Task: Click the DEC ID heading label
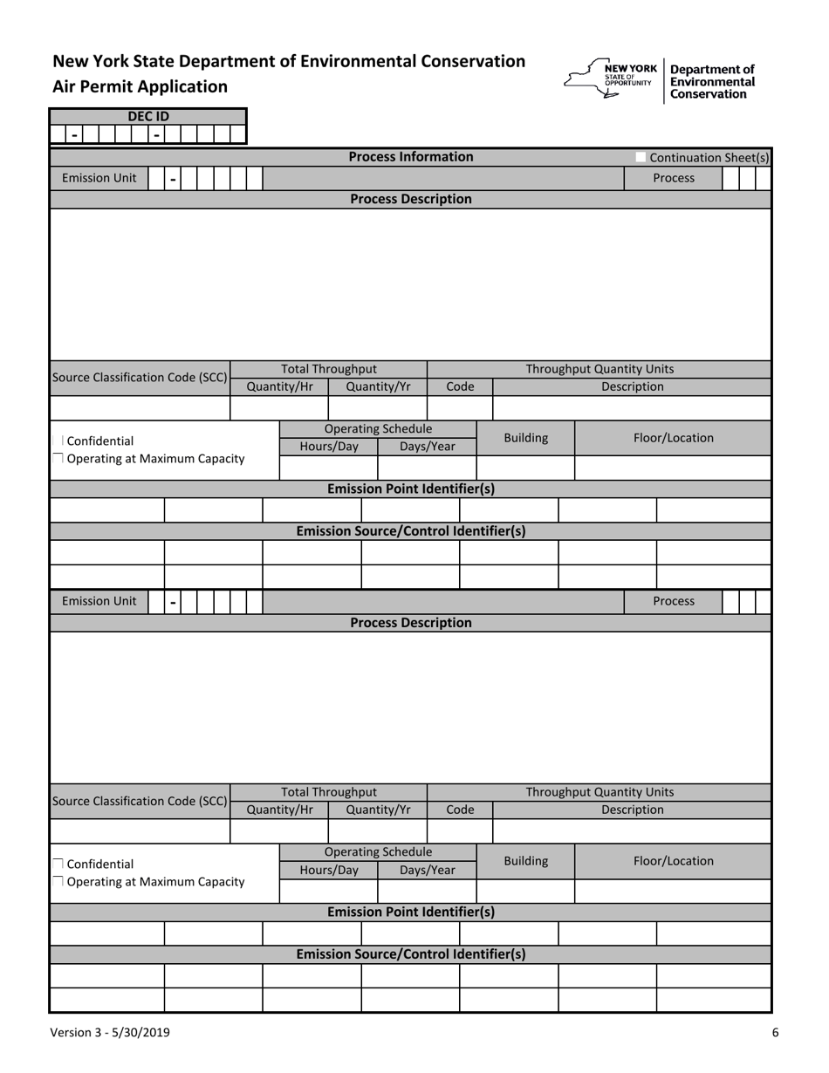click(148, 116)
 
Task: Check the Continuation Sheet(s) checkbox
click(641, 158)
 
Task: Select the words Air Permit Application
click(140, 86)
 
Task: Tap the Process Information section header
click(411, 157)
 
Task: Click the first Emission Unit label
click(99, 178)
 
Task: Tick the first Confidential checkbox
click(58, 441)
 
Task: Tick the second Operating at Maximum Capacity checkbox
click(58, 882)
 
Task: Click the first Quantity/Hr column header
click(278, 386)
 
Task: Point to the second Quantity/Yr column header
click(378, 810)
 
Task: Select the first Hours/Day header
click(329, 447)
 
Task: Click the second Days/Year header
click(428, 870)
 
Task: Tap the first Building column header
click(526, 438)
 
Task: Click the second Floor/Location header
click(673, 861)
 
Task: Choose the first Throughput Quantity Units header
click(599, 369)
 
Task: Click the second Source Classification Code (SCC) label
click(140, 801)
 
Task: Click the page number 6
click(775, 1033)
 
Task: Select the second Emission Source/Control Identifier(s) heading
click(411, 954)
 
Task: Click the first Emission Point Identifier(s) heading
click(411, 489)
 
